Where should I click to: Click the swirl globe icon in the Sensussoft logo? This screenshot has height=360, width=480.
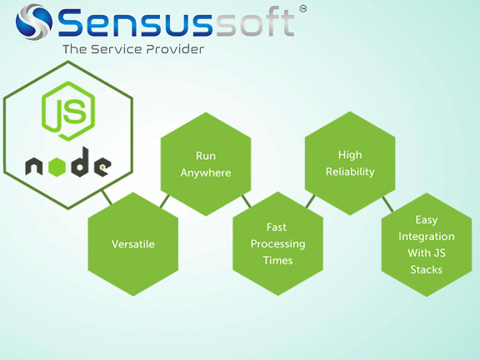point(34,22)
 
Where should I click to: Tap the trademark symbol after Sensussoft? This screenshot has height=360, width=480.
point(302,9)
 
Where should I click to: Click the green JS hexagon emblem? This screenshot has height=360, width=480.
point(68,111)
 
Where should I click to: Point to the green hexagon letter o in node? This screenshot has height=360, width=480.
point(57,167)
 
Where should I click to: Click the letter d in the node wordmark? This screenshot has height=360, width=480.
point(80,162)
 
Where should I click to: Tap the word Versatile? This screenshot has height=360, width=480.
point(133,244)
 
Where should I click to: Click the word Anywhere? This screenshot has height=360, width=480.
point(206,173)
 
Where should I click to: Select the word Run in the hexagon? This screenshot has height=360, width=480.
point(206,156)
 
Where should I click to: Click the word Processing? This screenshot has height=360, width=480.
point(278,244)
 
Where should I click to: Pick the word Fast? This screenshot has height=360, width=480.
point(277,227)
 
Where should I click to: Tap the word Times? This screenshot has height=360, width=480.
point(278,261)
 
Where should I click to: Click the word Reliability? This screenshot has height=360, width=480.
point(350,172)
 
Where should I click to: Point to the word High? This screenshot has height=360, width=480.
point(350,155)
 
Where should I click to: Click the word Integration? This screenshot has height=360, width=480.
point(427,237)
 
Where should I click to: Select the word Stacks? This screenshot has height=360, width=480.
point(427,270)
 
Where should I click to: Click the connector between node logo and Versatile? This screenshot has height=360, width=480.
point(107,197)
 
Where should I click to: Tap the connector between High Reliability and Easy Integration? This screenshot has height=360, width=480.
point(387,204)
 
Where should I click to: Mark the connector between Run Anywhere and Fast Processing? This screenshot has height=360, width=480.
point(246,202)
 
